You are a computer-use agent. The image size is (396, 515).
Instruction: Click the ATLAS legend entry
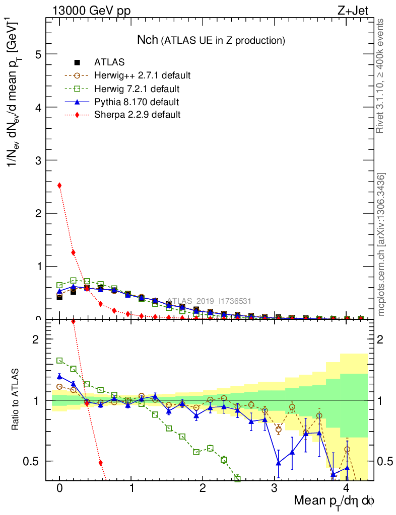pos(109,63)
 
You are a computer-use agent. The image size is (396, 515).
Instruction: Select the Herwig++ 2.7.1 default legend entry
pos(142,76)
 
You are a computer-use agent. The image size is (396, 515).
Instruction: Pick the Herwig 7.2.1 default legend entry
pos(137,89)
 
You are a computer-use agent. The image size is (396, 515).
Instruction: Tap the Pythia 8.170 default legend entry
pos(137,102)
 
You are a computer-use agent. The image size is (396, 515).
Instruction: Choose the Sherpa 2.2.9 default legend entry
pos(137,115)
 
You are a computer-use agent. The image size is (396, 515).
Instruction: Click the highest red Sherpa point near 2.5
pos(59,186)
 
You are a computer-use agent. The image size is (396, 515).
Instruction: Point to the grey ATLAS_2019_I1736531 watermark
pos(209,301)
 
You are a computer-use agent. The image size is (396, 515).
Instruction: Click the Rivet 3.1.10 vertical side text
pos(381,75)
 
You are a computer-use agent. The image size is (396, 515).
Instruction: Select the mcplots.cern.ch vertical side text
pos(381,245)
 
